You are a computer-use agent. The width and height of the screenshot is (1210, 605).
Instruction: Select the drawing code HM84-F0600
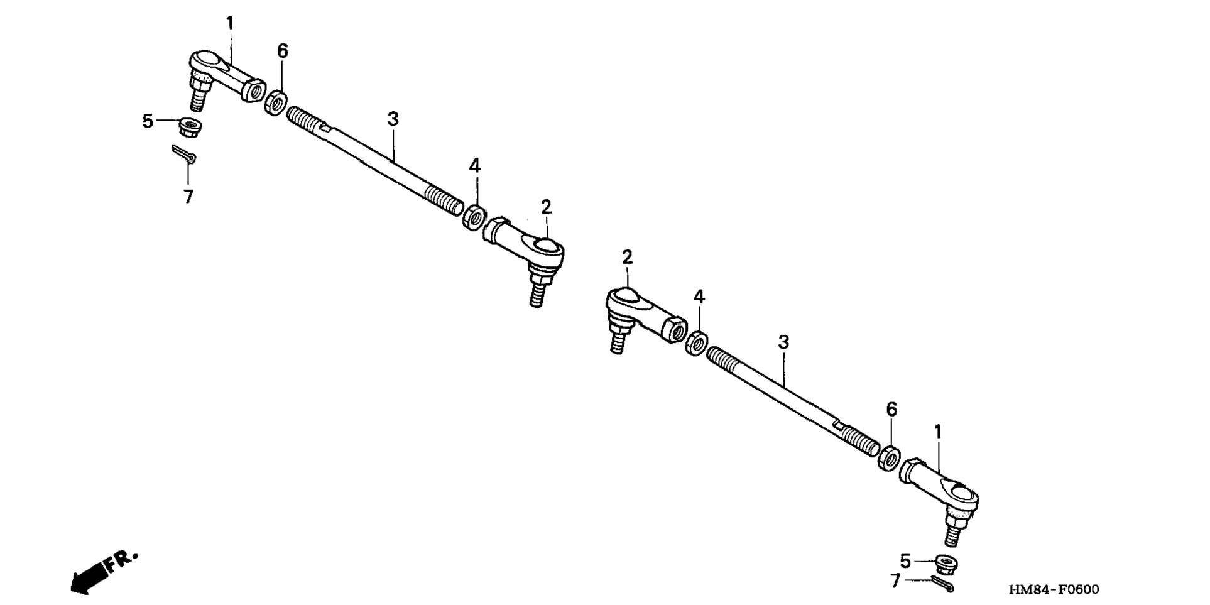pyautogui.click(x=1054, y=590)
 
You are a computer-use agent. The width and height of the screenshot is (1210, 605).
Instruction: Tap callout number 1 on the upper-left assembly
pyautogui.click(x=230, y=23)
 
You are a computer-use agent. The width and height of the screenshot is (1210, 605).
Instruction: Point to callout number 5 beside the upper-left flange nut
pyautogui.click(x=148, y=121)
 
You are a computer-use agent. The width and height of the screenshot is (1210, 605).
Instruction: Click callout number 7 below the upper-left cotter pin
pyautogui.click(x=188, y=197)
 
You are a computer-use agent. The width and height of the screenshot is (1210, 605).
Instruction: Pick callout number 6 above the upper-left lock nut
pyautogui.click(x=283, y=52)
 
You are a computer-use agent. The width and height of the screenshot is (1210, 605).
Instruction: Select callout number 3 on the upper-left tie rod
pyautogui.click(x=393, y=119)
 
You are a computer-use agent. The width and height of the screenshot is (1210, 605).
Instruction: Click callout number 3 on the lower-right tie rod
pyautogui.click(x=783, y=342)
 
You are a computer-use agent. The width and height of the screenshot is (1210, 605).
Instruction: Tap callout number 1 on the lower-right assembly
pyautogui.click(x=938, y=432)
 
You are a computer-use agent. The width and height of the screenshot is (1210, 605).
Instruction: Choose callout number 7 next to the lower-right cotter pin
pyautogui.click(x=896, y=581)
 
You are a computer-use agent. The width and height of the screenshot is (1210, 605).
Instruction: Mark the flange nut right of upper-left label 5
pyautogui.click(x=190, y=127)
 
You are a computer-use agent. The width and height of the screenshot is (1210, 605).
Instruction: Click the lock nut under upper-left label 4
pyautogui.click(x=474, y=215)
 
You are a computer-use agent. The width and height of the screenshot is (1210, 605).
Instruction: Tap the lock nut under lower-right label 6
pyautogui.click(x=890, y=457)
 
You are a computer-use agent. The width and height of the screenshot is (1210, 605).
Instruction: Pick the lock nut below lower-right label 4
pyautogui.click(x=697, y=343)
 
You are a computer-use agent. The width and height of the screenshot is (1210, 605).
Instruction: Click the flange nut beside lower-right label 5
pyautogui.click(x=946, y=564)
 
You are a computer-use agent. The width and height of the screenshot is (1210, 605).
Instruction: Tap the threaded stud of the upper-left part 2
pyautogui.click(x=535, y=295)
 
